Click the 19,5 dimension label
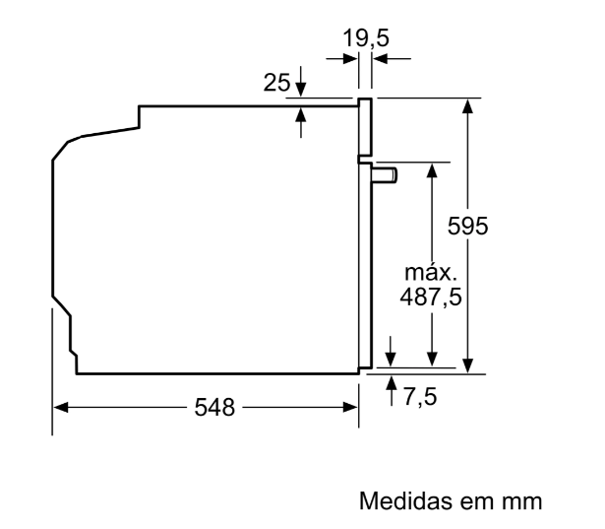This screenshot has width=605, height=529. pyautogui.click(x=366, y=37)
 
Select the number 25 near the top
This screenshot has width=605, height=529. pyautogui.click(x=276, y=83)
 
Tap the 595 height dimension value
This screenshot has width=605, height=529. pyautogui.click(x=467, y=226)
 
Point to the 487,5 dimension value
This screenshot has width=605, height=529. pyautogui.click(x=431, y=298)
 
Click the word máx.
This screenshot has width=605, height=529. pyautogui.click(x=431, y=273)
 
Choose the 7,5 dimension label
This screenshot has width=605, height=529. pyautogui.click(x=420, y=396)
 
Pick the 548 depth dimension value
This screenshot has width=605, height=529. pyautogui.click(x=214, y=407)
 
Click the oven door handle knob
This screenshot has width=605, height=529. pyautogui.click(x=385, y=174)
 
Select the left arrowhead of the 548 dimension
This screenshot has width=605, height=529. pyautogui.click(x=61, y=407)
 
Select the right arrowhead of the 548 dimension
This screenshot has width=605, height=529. pyautogui.click(x=350, y=407)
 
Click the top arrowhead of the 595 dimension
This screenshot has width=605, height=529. pyautogui.click(x=467, y=105)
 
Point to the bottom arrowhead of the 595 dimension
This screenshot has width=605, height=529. pyautogui.click(x=467, y=365)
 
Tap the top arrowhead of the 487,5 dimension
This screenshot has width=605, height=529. pyautogui.click(x=432, y=170)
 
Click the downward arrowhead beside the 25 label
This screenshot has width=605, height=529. pyautogui.click(x=301, y=90)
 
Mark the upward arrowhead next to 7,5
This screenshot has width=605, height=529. pyautogui.click(x=392, y=383)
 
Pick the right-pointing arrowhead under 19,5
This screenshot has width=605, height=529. pyautogui.click(x=350, y=59)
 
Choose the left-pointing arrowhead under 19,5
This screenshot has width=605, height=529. pyautogui.click(x=380, y=59)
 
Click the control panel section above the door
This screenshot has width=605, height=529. pyautogui.click(x=365, y=127)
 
